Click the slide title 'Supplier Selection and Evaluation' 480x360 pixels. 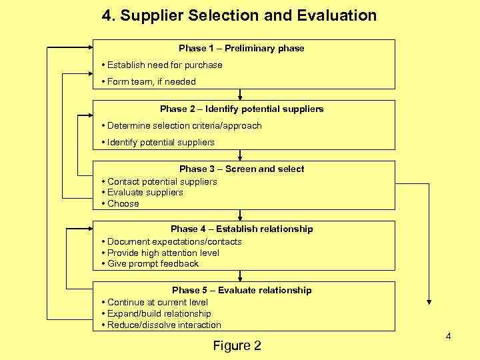coord(239,15)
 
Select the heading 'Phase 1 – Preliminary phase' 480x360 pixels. coord(241,48)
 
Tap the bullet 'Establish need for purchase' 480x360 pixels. coord(164,65)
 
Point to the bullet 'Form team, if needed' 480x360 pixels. coord(151,81)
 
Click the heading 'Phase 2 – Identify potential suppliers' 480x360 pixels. coord(241,109)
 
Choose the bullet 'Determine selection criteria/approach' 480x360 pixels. coord(183,125)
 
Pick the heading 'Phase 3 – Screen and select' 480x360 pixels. coord(241,169)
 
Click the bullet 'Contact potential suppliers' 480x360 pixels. coord(161,181)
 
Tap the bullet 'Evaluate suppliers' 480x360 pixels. coord(145,192)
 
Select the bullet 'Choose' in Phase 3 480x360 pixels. coord(123,203)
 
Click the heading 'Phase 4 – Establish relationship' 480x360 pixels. coord(241,229)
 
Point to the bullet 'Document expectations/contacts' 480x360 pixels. coord(174,241)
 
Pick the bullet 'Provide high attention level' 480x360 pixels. coord(163,253)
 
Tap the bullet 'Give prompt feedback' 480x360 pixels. coord(153,263)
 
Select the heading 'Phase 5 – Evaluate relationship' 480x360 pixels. coord(241,290)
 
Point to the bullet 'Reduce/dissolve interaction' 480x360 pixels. coord(163,325)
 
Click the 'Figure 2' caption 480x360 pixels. coord(237,345)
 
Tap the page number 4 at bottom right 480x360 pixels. coord(448,336)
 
